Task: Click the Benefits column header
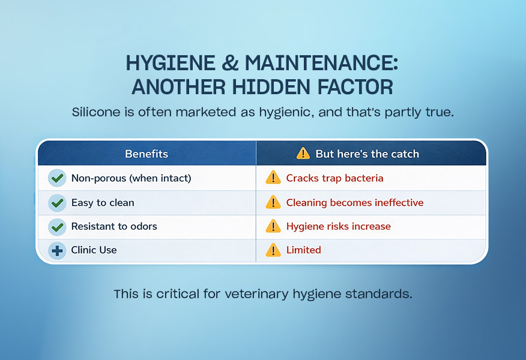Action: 147,154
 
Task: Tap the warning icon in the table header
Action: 303,154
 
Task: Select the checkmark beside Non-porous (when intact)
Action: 57,178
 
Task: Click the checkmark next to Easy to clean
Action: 57,203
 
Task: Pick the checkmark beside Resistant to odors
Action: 57,227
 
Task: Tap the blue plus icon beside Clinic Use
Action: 57,250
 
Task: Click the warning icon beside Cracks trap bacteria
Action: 273,178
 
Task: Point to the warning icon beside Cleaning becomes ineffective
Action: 273,202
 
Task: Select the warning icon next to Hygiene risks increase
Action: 273,226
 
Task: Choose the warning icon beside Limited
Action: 273,250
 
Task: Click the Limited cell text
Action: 303,250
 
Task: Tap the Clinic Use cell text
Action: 94,250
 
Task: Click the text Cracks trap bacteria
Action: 334,178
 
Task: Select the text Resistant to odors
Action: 114,227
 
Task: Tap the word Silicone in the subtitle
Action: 95,112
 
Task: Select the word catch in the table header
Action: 404,154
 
